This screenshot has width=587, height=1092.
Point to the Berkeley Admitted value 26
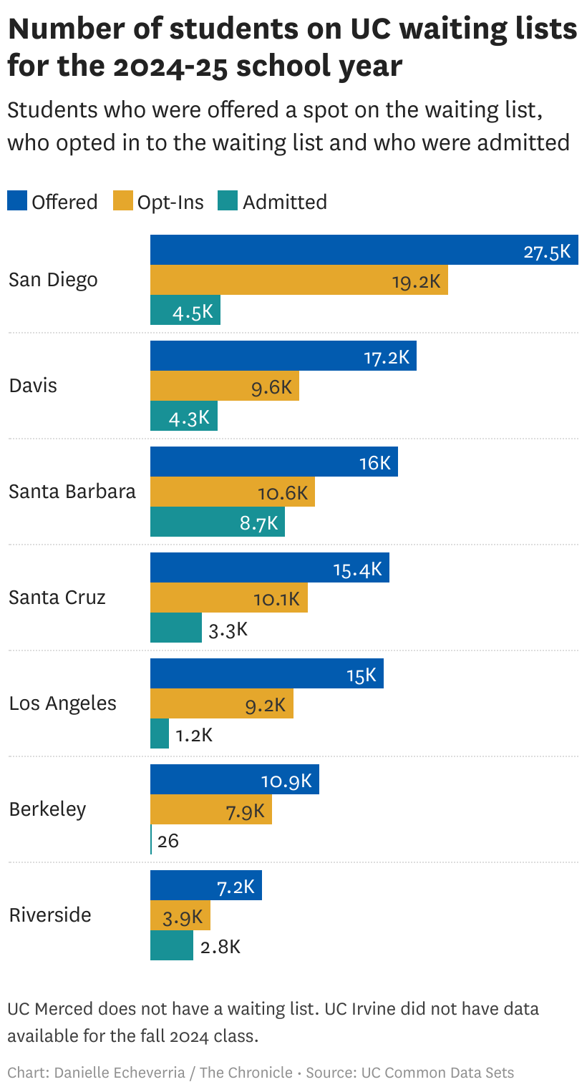point(168,840)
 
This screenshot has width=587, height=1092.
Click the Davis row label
point(33,386)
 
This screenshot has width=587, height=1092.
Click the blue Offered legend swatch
point(17,201)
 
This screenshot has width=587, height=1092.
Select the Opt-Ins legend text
point(170,203)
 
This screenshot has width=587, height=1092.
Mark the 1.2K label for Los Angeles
point(194,735)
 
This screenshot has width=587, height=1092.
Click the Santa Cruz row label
point(57,598)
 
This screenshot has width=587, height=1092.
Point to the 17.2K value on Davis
point(387,357)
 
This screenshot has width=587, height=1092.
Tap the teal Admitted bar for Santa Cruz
point(175,628)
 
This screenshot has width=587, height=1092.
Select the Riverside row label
point(50,915)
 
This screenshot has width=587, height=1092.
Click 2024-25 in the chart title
point(175,67)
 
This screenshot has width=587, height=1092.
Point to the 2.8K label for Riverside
point(220,947)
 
